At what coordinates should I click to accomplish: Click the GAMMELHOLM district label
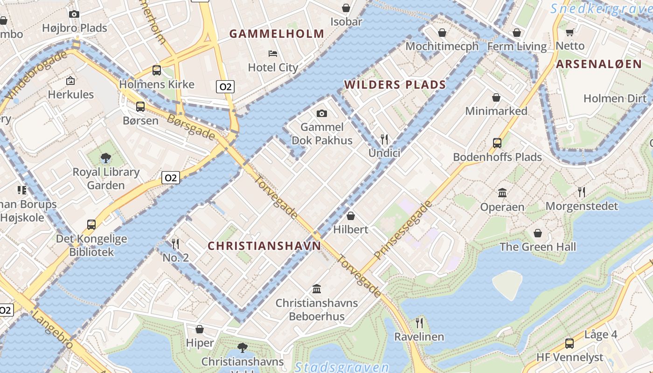(277, 34)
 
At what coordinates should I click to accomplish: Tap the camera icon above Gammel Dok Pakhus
(321, 113)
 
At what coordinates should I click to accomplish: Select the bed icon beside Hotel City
(273, 54)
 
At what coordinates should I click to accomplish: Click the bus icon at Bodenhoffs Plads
(497, 143)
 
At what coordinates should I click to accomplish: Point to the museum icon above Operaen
(502, 193)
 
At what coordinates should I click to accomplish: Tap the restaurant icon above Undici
(384, 139)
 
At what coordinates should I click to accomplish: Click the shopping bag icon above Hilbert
(350, 216)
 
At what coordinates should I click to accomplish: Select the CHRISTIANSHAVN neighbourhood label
(264, 246)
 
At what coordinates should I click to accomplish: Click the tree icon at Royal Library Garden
(106, 158)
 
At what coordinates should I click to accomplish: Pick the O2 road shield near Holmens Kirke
(225, 86)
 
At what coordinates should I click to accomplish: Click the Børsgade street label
(191, 127)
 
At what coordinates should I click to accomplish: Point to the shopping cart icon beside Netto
(570, 32)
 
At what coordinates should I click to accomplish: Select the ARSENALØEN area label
(598, 64)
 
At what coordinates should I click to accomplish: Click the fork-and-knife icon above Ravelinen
(419, 323)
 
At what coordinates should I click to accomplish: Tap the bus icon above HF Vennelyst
(569, 344)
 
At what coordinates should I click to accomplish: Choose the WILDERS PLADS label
(395, 85)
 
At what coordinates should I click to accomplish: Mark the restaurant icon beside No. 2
(175, 243)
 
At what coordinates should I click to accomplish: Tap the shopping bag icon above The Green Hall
(538, 233)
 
